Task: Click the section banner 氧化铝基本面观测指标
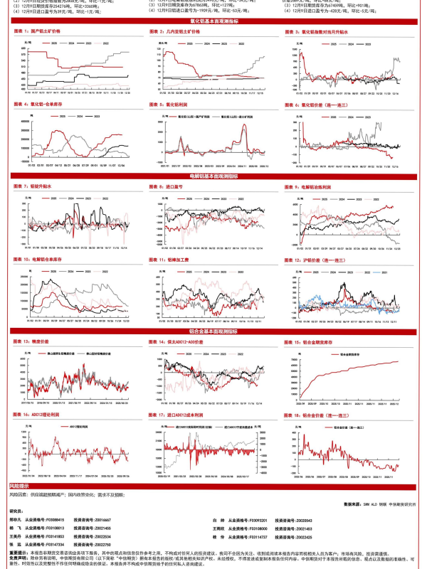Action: click(213, 22)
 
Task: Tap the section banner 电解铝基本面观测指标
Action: click(213, 175)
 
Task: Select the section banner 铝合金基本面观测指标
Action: click(213, 331)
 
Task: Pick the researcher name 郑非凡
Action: click(16, 520)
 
